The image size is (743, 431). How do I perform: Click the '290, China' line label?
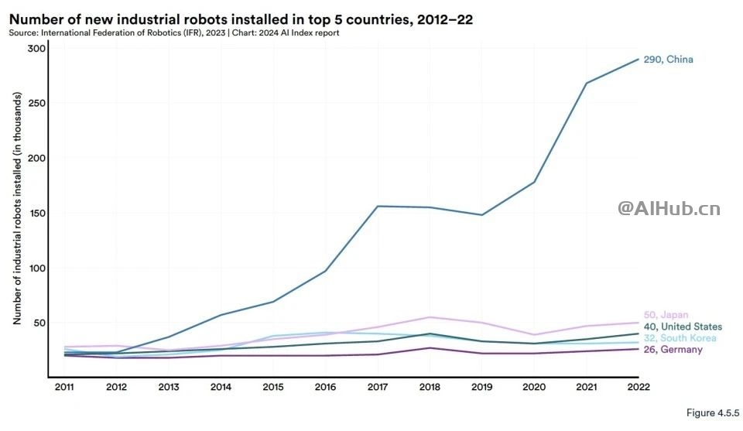tap(668, 60)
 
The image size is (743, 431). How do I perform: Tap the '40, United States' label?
tap(683, 327)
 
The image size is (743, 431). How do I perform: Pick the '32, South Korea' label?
tap(680, 338)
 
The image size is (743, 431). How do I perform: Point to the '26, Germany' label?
tap(673, 350)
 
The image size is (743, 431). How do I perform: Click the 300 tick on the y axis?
tap(36, 48)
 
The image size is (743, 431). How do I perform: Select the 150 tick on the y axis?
tap(36, 214)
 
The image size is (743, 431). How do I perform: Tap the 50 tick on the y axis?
tap(39, 323)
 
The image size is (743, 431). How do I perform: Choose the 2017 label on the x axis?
tap(377, 387)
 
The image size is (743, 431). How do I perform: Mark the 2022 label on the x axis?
tap(639, 387)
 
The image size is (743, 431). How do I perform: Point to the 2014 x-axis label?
tap(220, 387)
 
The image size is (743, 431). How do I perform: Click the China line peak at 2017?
tap(377, 206)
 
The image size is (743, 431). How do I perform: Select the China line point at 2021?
tap(586, 83)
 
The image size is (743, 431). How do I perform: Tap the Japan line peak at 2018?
tap(430, 317)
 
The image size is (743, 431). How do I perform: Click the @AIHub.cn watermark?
tap(668, 208)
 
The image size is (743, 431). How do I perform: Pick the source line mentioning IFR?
tap(173, 33)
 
